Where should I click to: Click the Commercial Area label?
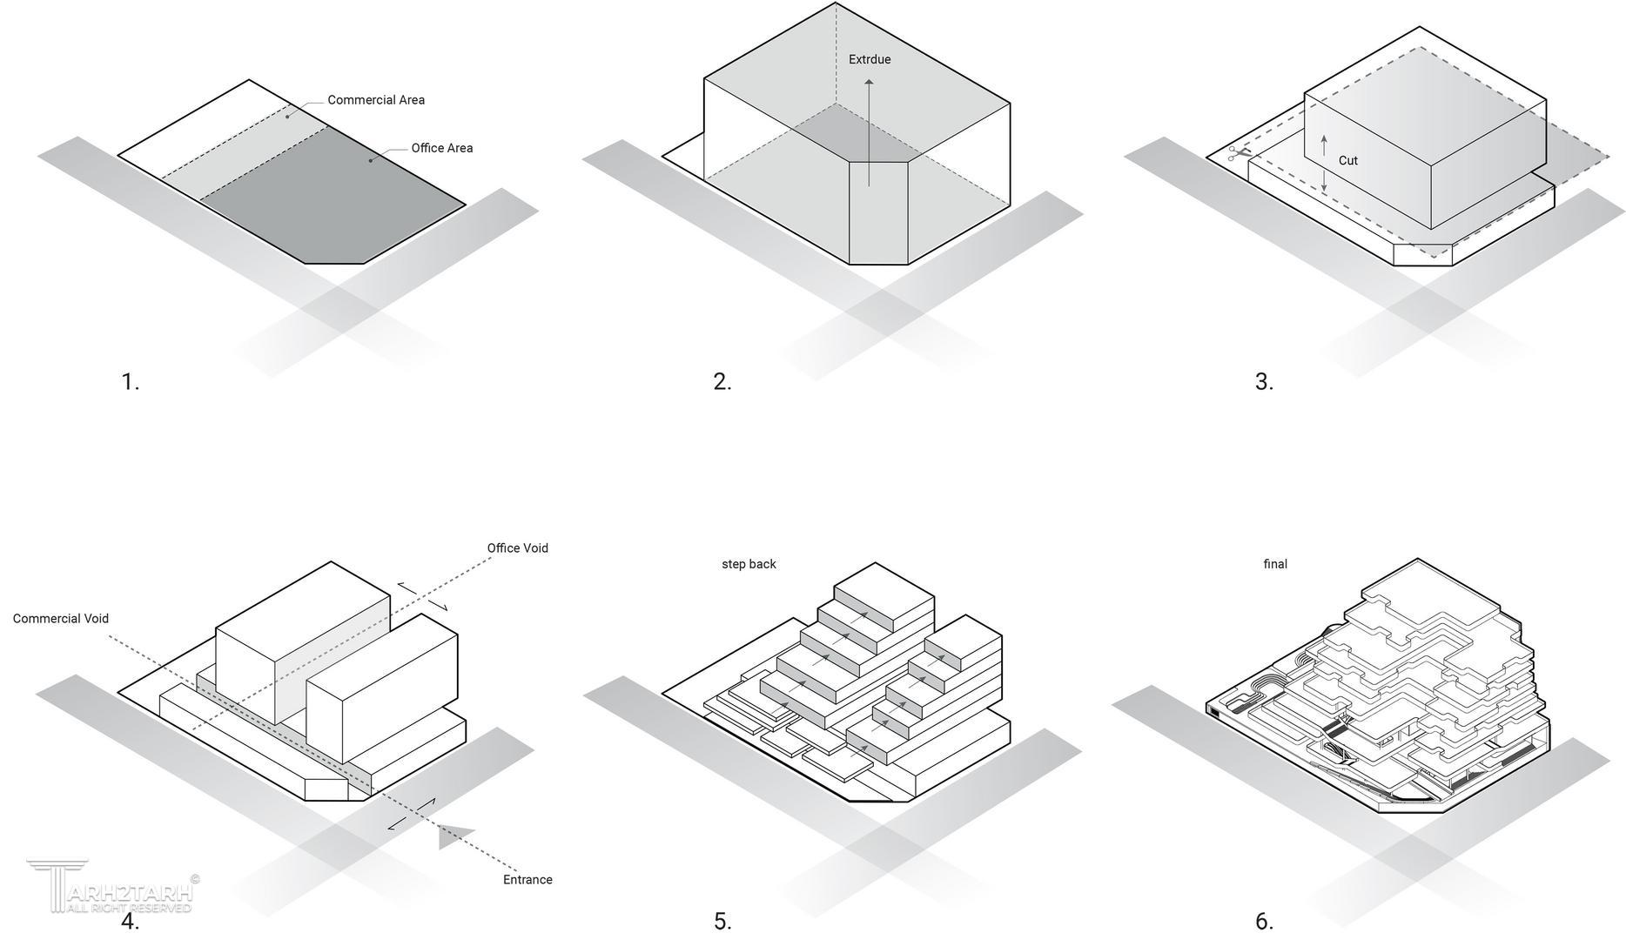click(376, 100)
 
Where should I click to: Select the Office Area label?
click(442, 148)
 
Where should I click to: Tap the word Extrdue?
click(870, 60)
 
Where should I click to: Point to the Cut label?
click(1347, 161)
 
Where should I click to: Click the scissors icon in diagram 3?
click(1238, 154)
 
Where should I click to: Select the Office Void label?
click(517, 548)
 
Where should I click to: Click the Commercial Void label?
click(61, 619)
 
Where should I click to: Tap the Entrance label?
click(527, 880)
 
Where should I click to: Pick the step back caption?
click(749, 564)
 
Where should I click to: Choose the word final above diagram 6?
click(1275, 564)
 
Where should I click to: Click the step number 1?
click(130, 382)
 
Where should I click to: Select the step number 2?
click(722, 382)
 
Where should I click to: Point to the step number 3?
click(1264, 382)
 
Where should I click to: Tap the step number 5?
click(722, 922)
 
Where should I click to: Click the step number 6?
click(1264, 922)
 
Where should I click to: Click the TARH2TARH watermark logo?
click(109, 888)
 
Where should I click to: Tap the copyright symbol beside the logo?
click(194, 879)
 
